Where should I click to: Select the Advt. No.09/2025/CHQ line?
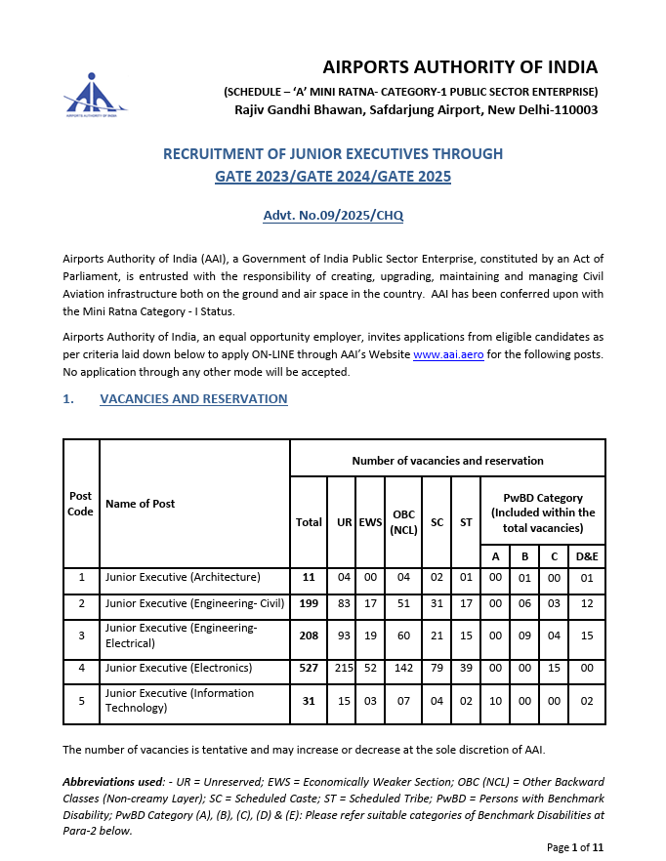click(333, 216)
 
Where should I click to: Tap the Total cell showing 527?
click(309, 668)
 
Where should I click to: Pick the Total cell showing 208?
click(309, 636)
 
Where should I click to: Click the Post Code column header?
click(80, 504)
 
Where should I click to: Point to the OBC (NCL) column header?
click(403, 522)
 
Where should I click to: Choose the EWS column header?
click(370, 522)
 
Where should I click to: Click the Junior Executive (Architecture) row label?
click(184, 577)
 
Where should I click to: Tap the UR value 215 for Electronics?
click(344, 668)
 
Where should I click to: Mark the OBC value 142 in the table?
click(403, 668)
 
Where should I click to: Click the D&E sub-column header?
click(587, 555)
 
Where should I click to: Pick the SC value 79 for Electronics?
click(437, 668)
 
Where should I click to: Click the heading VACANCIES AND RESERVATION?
click(193, 399)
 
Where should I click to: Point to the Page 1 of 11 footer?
click(575, 846)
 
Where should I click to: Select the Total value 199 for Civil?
click(309, 603)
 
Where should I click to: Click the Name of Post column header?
click(141, 504)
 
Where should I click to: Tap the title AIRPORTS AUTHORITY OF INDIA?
click(460, 67)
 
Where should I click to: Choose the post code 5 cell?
click(80, 700)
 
